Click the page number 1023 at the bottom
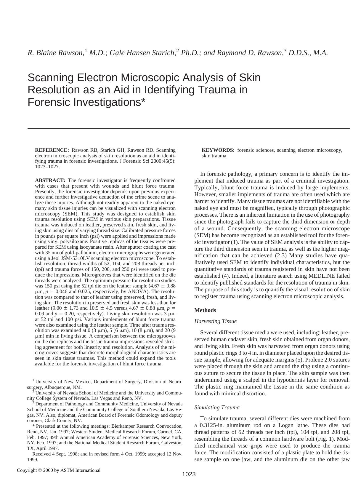click(189, 474)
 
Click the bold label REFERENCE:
click(52, 150)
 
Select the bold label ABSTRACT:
click(50, 180)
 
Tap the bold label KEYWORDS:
click(218, 150)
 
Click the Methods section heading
click(205, 310)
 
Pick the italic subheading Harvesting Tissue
click(215, 321)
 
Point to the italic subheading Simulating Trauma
click(217, 408)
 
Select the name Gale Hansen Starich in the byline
click(142, 53)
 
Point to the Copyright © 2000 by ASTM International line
click(59, 470)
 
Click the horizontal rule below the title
click(189, 128)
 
